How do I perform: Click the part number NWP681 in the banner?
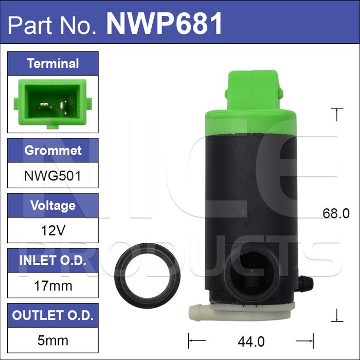pyautogui.click(x=164, y=24)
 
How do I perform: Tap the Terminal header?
pyautogui.click(x=53, y=64)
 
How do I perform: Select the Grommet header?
pyautogui.click(x=53, y=150)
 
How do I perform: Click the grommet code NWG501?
pyautogui.click(x=53, y=176)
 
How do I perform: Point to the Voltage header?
pyautogui.click(x=53, y=205)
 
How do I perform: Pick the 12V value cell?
pyautogui.click(x=53, y=230)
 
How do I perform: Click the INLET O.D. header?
pyautogui.click(x=53, y=260)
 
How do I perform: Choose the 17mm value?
pyautogui.click(x=53, y=286)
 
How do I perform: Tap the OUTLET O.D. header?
pyautogui.click(x=53, y=315)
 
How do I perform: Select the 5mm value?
pyautogui.click(x=53, y=340)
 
